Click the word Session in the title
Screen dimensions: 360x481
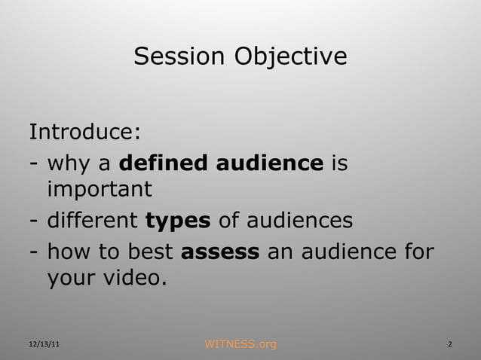point(179,56)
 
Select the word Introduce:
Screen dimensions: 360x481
point(84,133)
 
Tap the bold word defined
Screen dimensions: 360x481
point(164,162)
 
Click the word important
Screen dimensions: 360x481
point(100,190)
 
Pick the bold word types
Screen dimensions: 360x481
point(177,221)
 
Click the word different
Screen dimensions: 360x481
point(93,221)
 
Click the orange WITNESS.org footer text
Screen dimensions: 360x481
point(240,345)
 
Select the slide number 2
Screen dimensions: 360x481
point(449,345)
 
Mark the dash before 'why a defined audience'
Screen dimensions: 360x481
point(34,163)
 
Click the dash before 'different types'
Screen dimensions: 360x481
point(34,222)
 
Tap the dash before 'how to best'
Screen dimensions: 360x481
point(34,252)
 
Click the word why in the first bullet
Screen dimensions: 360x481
point(69,163)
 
